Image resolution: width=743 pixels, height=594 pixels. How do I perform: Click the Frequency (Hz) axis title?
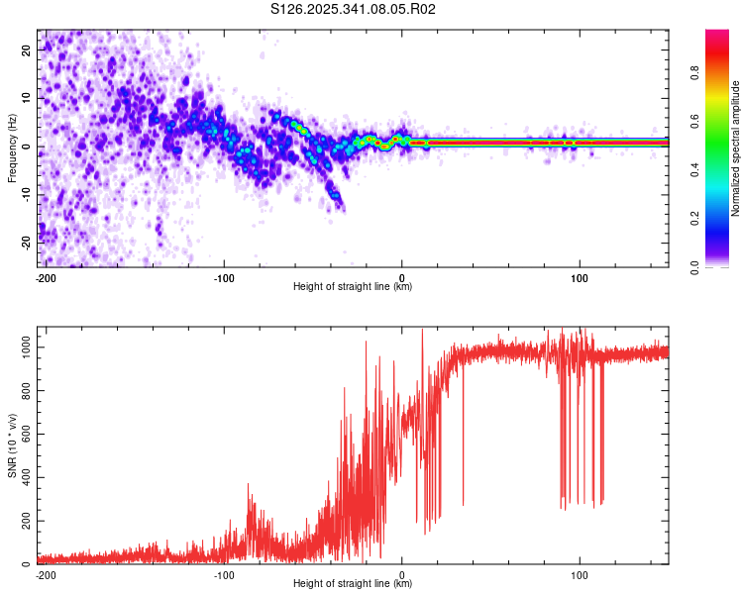(12, 147)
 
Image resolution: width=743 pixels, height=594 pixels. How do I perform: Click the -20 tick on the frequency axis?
(25, 241)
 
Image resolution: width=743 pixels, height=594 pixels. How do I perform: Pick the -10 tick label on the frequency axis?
(25, 193)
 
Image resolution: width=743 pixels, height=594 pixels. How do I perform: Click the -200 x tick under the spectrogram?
(45, 277)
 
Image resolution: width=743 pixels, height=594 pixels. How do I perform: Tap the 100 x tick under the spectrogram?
(580, 277)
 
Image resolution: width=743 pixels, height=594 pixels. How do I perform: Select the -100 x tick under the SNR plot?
(224, 574)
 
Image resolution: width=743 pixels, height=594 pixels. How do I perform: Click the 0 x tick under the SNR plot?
(402, 574)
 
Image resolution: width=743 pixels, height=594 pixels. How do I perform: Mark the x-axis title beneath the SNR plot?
(353, 584)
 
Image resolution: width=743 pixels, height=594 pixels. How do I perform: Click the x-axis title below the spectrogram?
(353, 287)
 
